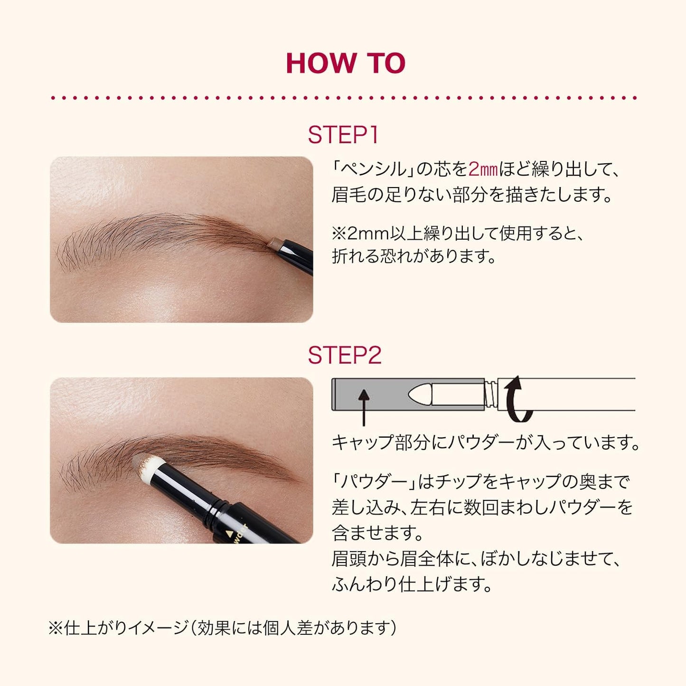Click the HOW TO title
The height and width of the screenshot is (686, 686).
tap(345, 63)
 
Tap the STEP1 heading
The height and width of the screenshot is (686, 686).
tap(343, 135)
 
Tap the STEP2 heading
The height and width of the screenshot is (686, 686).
tap(344, 355)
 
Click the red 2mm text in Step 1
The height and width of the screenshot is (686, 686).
tap(483, 169)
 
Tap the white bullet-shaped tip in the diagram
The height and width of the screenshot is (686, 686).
tap(423, 394)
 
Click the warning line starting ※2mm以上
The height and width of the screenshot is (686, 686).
tap(458, 233)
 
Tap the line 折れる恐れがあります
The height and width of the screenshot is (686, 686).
tap(413, 256)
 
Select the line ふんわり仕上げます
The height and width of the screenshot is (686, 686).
tap(412, 584)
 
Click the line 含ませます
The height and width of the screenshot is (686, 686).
tap(377, 533)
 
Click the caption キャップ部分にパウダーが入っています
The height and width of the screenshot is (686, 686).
tap(485, 442)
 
